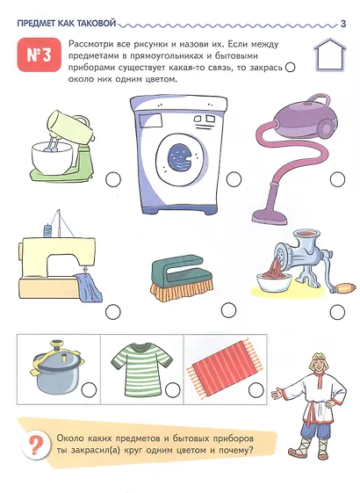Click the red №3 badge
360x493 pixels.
point(39,55)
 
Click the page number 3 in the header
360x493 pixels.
point(343,24)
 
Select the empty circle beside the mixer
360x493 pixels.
point(113,179)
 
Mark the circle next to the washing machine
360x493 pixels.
point(234,179)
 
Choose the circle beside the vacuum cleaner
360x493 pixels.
point(338,179)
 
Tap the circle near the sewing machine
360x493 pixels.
point(113,312)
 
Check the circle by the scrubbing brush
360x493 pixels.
point(228,310)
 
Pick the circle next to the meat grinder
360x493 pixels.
point(338,312)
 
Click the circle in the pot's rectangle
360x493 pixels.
point(89,390)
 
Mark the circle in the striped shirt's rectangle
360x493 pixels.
point(173,390)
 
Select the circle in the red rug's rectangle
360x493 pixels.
point(256,390)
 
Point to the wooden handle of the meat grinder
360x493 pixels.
point(345,287)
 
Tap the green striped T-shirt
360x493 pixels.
point(142,368)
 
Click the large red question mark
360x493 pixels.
point(34,445)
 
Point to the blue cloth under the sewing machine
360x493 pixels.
point(89,286)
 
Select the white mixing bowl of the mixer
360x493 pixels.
point(52,157)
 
